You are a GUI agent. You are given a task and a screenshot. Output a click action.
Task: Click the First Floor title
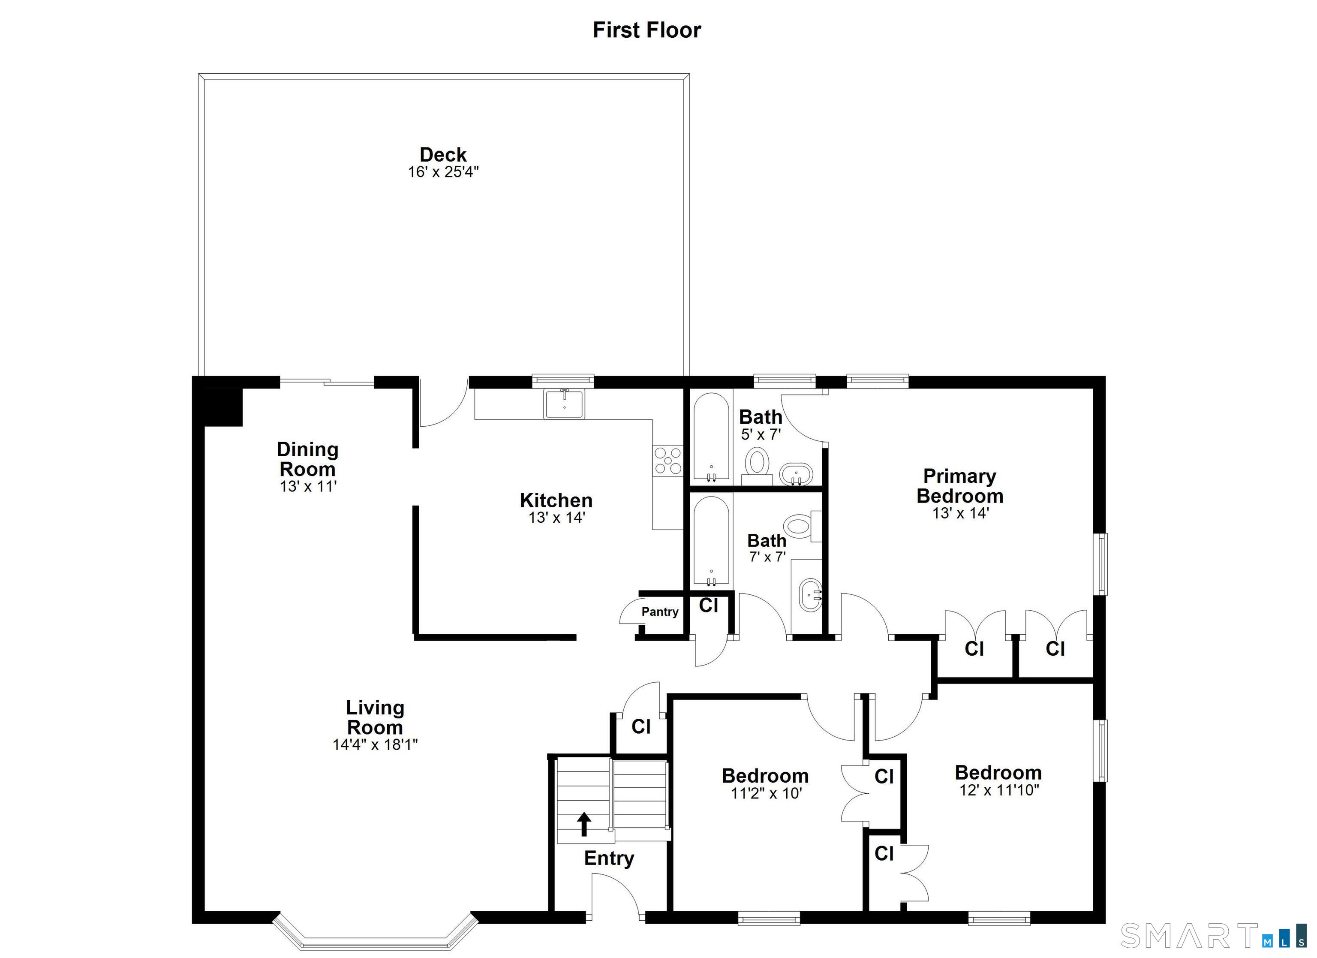(646, 30)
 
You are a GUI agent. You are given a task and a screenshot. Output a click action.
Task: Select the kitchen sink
(565, 404)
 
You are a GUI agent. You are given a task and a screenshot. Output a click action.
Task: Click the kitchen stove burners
(668, 460)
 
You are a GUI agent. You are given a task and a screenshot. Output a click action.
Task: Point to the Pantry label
(660, 612)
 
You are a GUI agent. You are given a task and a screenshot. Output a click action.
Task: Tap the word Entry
(609, 859)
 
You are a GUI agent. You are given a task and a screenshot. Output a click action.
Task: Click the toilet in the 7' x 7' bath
(802, 526)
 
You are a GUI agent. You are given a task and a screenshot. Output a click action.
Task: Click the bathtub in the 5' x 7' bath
(711, 437)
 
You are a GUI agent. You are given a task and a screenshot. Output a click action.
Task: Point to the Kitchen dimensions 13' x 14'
(556, 518)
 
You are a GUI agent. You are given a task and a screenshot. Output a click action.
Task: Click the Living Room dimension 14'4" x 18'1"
(375, 745)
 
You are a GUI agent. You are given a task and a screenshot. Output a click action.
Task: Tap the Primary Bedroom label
(960, 486)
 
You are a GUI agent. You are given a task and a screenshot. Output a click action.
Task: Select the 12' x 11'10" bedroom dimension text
(999, 790)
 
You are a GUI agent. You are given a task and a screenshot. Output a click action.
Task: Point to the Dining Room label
(308, 459)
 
